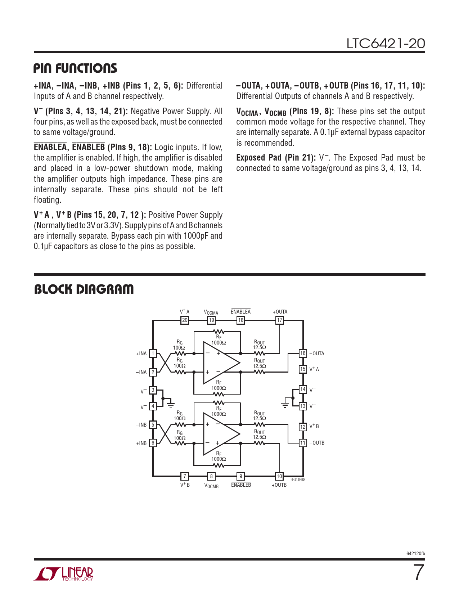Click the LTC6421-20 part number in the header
coord(386,44)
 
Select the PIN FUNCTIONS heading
coord(75,68)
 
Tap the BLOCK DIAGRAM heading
coord(84,289)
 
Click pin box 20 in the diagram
coord(185,320)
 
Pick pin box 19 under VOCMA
coord(211,320)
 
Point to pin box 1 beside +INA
coord(153,354)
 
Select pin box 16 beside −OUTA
coord(303,354)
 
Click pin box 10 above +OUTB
coord(279,476)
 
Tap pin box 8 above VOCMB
coord(211,476)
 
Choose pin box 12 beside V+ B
coord(303,427)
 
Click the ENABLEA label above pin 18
coord(240,312)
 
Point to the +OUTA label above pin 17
coord(280,312)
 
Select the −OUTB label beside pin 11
coord(317,443)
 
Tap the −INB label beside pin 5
coord(141,425)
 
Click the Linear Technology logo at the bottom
coord(64,574)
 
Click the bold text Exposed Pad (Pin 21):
coord(276,158)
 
